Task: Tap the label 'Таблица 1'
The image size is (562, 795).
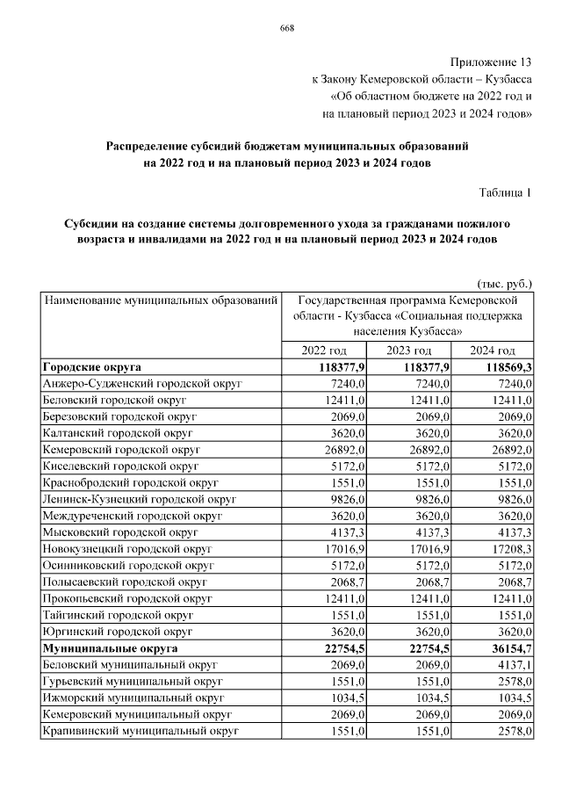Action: pos(506,192)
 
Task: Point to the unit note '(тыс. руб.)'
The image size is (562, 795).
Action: pos(505,284)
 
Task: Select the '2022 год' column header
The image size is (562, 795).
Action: pos(325,351)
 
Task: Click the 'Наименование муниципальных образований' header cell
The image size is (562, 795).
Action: pos(161,300)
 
